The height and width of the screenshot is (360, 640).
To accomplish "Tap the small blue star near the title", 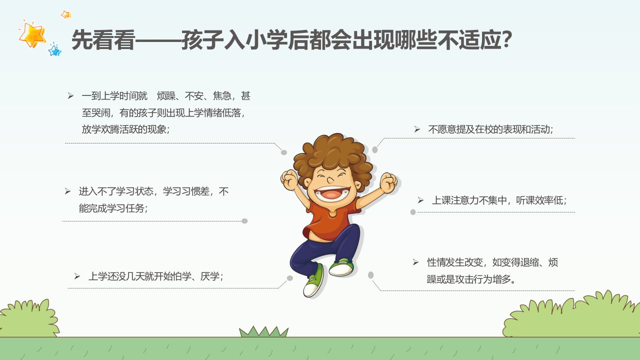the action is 54,50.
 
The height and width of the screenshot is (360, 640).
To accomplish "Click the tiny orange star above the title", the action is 66,14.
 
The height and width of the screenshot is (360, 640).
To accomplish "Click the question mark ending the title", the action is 506,39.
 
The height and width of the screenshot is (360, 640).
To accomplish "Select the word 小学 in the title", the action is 266,39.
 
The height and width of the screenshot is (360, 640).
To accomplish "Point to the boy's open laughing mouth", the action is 331,193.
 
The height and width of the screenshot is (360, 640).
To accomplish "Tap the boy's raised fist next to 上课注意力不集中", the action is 388,182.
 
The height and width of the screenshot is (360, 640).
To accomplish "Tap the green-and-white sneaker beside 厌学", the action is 314,281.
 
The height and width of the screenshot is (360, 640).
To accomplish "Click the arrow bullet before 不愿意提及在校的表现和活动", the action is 417,129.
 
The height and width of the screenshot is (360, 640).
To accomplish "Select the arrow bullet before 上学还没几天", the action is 77,276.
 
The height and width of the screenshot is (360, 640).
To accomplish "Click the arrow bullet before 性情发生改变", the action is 415,262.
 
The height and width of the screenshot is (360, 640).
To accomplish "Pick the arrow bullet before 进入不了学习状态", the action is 67,191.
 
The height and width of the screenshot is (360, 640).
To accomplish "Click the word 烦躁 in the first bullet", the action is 166,96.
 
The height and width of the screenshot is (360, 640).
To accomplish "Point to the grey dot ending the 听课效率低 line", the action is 413,212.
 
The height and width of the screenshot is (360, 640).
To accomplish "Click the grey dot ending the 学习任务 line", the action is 244,221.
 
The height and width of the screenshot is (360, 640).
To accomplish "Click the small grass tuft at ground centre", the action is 263,332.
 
